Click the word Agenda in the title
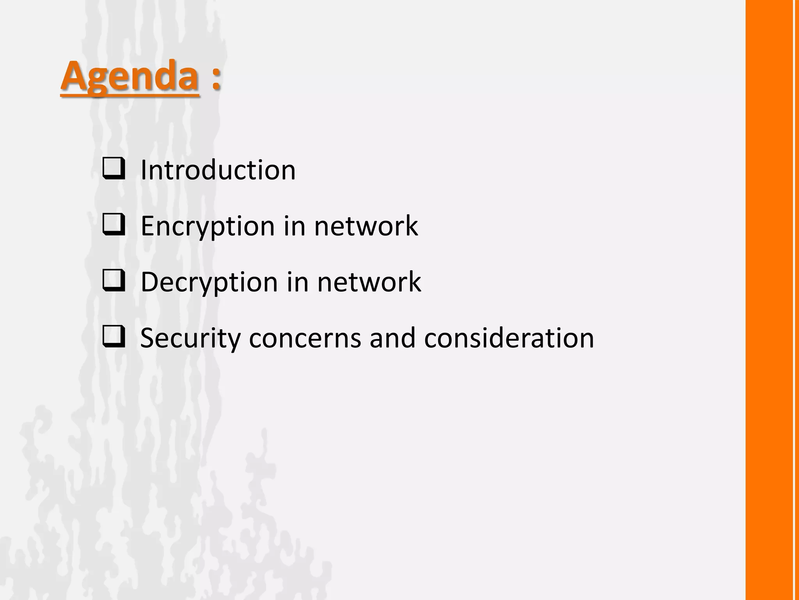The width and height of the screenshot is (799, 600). (130, 76)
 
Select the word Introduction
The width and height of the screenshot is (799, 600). (218, 170)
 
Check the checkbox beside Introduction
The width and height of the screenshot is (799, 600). (114, 169)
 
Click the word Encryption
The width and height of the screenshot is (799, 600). (208, 226)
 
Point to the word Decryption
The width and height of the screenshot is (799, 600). (209, 282)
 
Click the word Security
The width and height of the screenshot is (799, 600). (190, 338)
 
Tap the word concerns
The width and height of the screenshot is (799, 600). (305, 338)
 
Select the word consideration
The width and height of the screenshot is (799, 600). (509, 338)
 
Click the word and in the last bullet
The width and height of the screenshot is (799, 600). (392, 338)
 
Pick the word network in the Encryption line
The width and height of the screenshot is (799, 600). (366, 226)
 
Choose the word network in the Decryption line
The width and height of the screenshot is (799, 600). (369, 282)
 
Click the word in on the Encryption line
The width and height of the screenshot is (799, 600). (294, 226)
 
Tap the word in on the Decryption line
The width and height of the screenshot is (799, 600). (297, 282)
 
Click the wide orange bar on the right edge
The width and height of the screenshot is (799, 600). (769, 300)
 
